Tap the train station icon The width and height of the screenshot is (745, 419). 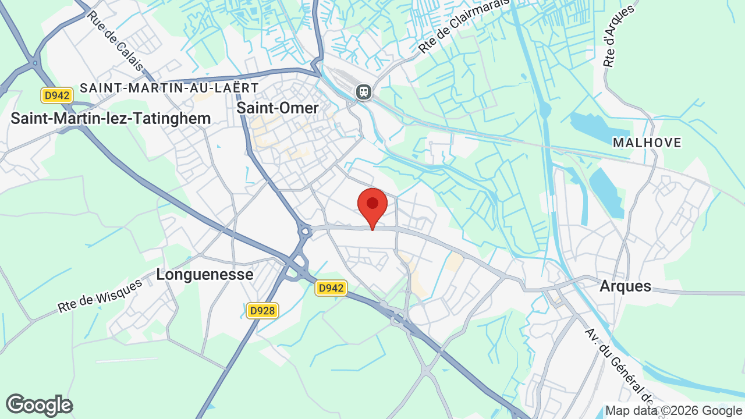[364, 92]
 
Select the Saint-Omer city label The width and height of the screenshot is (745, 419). [278, 108]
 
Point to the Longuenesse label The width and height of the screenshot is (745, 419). [204, 275]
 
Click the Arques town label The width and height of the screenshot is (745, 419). [625, 286]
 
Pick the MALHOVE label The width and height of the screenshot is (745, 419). [647, 143]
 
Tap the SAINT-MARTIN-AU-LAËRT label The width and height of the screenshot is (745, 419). [169, 88]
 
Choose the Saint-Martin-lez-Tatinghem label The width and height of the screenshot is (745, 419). [111, 119]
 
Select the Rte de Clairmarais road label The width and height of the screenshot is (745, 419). [464, 26]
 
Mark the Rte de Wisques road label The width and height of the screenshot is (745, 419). [100, 296]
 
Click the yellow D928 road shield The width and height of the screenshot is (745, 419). [262, 311]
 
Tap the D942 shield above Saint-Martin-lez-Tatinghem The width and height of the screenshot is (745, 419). [57, 95]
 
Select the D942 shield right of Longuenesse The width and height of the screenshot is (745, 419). [331, 287]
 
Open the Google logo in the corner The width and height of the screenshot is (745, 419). [39, 406]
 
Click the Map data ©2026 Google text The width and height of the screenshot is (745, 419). [673, 411]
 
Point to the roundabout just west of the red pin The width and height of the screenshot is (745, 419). [304, 232]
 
